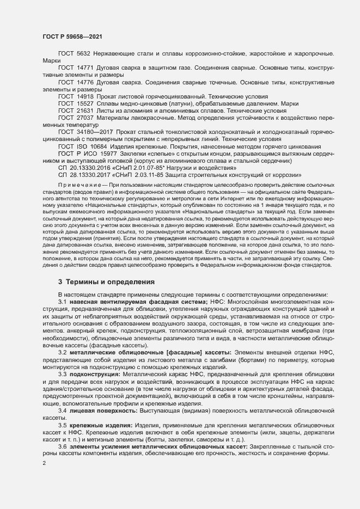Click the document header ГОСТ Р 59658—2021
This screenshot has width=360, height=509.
[72, 36]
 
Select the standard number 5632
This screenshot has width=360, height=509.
[83, 54]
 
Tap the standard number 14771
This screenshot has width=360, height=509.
[85, 68]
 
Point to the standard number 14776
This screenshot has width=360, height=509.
[85, 82]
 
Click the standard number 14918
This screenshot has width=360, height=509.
[85, 96]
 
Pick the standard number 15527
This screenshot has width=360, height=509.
[85, 103]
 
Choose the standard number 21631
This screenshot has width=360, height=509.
[85, 110]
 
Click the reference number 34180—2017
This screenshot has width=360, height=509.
[95, 132]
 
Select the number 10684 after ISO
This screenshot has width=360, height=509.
[97, 147]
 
